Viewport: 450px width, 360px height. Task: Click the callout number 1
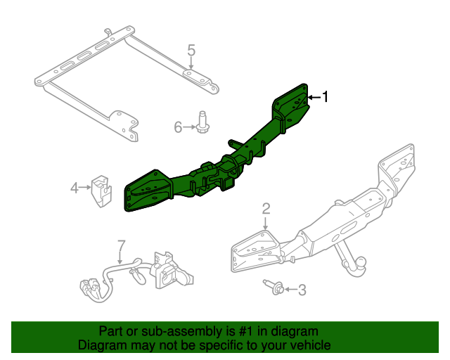[325, 97]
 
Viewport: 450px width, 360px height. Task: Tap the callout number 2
[266, 207]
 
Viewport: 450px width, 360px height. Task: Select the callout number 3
[302, 289]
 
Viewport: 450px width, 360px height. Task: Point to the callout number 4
[74, 187]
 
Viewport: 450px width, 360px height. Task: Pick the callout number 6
[178, 127]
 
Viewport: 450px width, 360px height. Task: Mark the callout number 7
[120, 245]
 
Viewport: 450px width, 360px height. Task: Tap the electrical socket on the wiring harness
[167, 270]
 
